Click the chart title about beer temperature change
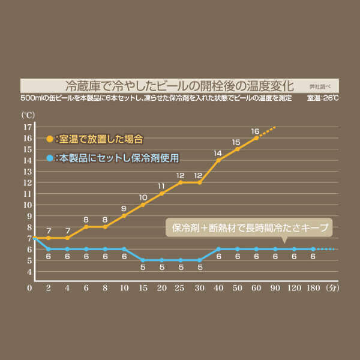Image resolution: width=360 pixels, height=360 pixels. [x=179, y=85]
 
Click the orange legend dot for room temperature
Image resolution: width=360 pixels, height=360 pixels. [x=49, y=139]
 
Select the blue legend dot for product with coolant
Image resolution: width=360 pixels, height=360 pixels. [x=49, y=158]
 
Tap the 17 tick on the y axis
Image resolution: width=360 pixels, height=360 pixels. [x=28, y=127]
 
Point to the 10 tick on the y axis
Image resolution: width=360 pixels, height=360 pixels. [x=28, y=205]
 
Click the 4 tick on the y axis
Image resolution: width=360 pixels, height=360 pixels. [x=28, y=271]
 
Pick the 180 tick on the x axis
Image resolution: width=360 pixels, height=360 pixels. [x=313, y=287]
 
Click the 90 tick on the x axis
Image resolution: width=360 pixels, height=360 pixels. [x=275, y=287]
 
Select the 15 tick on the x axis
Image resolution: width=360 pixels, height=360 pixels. [x=143, y=287]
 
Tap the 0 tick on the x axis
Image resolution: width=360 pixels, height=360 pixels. [x=29, y=287]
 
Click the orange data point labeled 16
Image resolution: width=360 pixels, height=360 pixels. [x=256, y=138]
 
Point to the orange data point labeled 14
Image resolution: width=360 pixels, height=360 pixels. [x=218, y=160]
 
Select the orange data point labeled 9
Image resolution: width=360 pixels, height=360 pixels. [x=124, y=215]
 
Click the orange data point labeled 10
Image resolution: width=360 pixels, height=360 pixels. [x=143, y=205]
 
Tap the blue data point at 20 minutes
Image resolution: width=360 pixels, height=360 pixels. [x=162, y=260]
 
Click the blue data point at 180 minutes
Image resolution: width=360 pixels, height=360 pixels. [x=313, y=249]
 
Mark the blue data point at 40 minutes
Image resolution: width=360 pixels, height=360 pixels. [x=218, y=249]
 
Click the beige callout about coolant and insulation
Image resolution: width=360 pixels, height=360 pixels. [x=248, y=229]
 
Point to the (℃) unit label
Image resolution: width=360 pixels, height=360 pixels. [x=28, y=114]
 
